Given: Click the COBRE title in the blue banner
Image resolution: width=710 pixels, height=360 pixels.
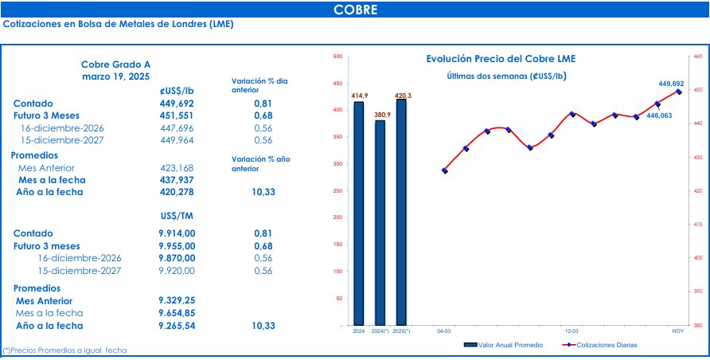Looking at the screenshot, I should click(355, 10).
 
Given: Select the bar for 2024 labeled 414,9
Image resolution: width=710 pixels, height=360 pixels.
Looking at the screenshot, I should click(359, 213).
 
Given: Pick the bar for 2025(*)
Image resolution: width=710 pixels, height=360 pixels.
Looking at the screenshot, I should click(402, 212).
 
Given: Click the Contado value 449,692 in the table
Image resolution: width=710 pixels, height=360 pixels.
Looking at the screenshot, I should click(177, 104).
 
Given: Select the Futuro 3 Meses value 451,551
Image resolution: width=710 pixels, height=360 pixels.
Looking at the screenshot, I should click(177, 115).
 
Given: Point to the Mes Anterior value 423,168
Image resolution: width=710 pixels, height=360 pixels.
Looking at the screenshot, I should click(177, 168).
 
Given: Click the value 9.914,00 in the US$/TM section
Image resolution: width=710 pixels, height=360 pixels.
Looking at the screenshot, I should click(177, 233).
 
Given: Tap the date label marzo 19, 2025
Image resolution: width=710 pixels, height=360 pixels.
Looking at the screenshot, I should click(115, 76).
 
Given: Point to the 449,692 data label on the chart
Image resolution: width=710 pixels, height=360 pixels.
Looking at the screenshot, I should click(671, 83).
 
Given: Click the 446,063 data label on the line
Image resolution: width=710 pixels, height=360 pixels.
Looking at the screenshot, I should click(658, 115).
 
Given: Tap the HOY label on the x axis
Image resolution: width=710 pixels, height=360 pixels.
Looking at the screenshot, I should click(678, 330).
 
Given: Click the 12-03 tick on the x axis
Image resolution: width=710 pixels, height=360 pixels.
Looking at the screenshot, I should click(572, 330).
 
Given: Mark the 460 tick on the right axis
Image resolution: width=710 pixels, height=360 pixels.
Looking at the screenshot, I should click(697, 57).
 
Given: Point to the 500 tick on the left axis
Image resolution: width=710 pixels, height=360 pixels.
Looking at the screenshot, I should click(337, 57).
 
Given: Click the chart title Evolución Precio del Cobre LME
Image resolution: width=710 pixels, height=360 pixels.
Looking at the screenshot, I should click(501, 59).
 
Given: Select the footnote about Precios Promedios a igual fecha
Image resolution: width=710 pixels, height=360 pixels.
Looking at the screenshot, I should click(65, 350).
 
